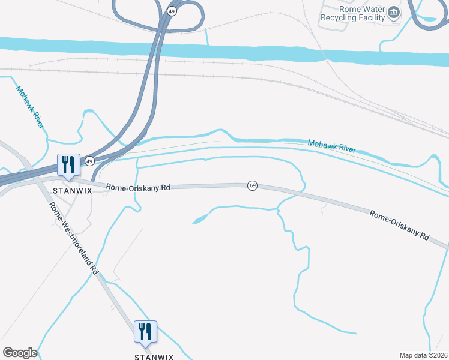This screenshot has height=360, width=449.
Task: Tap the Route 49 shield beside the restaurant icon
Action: (x=89, y=161)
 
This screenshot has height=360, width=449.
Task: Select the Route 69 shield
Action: (x=252, y=186)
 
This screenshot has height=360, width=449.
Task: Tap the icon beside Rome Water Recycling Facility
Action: (x=393, y=12)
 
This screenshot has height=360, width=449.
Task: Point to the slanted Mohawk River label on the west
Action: (x=30, y=107)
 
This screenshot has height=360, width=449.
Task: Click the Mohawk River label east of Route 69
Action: (x=331, y=146)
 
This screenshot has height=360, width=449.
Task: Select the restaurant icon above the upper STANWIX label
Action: (x=68, y=164)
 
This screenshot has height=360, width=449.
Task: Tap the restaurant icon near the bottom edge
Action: (x=145, y=331)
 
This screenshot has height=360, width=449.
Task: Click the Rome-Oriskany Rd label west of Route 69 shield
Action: (x=138, y=187)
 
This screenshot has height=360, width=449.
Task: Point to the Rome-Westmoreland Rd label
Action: (x=73, y=239)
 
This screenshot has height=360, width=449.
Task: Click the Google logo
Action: (x=20, y=353)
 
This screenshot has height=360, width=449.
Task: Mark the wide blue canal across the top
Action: (x=240, y=50)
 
